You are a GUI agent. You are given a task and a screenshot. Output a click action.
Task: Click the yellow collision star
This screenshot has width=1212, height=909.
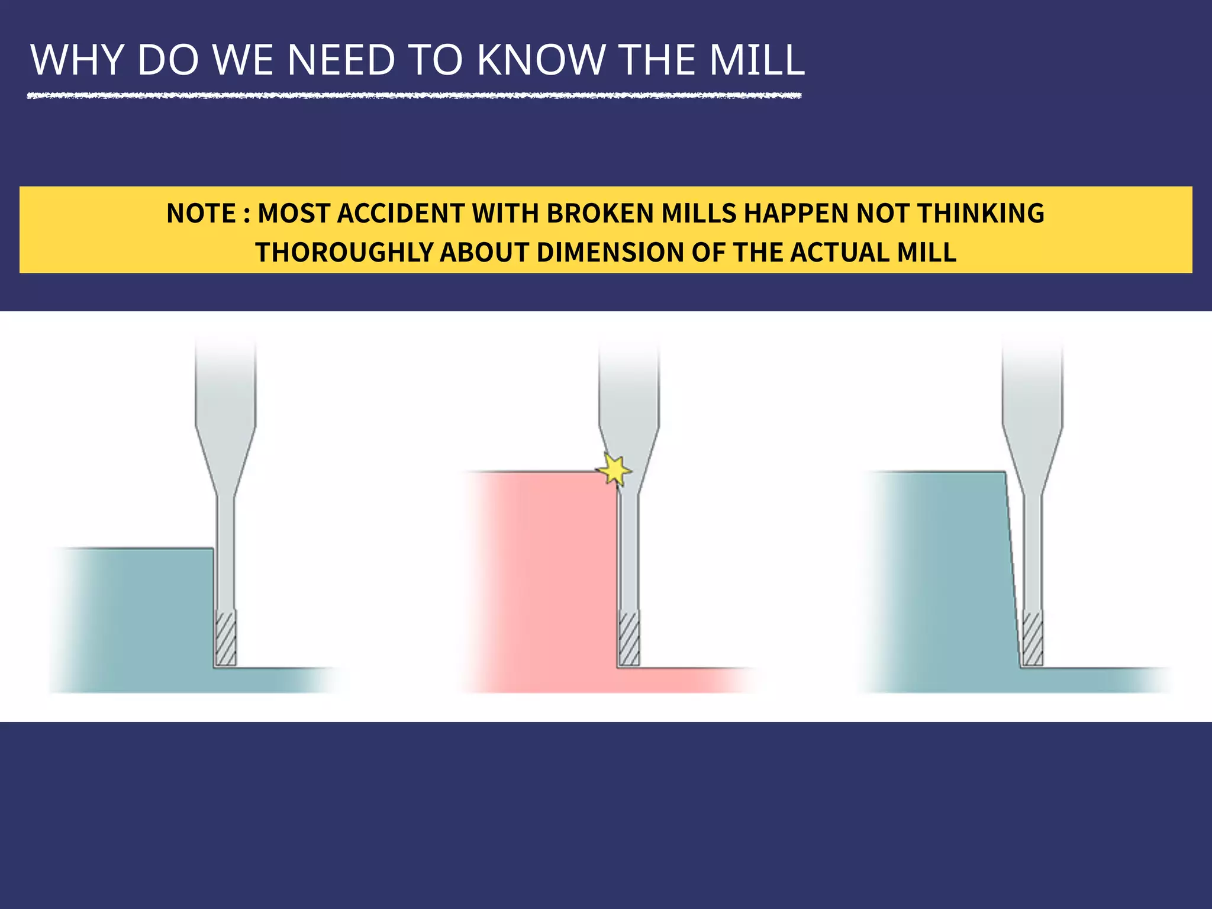(614, 470)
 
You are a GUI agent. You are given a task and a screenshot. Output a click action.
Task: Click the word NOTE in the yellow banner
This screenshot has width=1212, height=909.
(201, 214)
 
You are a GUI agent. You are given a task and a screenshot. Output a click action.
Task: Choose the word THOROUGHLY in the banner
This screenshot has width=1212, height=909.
(344, 253)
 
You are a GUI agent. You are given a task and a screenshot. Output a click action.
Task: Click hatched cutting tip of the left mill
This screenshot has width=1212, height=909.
(225, 639)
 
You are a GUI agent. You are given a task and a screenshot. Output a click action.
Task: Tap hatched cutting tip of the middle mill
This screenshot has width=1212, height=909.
(628, 639)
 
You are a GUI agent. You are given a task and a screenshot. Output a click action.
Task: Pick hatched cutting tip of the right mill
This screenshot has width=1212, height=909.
(1032, 639)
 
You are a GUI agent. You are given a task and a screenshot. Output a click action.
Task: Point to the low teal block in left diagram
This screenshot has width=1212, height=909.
(136, 615)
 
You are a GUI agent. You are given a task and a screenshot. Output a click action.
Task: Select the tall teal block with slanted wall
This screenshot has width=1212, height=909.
(941, 580)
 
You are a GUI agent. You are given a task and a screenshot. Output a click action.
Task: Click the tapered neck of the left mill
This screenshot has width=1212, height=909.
(225, 462)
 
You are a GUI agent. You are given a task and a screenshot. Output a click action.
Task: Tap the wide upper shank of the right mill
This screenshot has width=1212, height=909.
(1032, 385)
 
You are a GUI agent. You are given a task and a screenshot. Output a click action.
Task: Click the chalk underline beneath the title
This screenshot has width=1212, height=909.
(414, 95)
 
